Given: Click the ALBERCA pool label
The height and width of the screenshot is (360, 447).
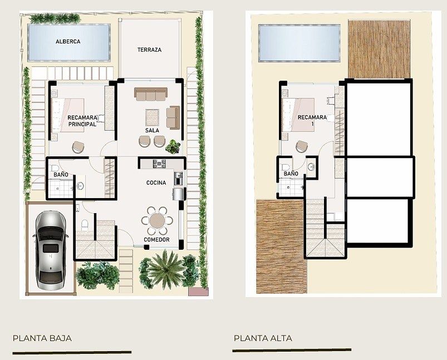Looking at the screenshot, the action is coord(68,42).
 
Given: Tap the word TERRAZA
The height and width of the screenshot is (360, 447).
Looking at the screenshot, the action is coord(149,50).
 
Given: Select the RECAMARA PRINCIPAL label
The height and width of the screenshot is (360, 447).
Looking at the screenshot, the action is coord(82,121).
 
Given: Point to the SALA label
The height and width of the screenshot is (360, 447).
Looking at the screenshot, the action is coord(152,131).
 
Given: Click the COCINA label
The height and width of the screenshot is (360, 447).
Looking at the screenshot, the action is coord(156,183).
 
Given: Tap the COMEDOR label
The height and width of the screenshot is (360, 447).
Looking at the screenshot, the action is coord(156,240).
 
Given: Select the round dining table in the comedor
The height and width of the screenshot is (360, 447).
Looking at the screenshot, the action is coord(157,220).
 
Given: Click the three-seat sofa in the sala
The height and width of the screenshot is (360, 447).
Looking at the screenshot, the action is coord(151,94).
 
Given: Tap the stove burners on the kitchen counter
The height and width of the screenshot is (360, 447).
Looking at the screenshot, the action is coord(159,164).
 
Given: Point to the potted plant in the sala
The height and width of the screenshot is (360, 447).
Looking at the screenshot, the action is coord(173,146).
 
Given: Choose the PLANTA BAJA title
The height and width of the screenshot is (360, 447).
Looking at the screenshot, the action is coord(42,338).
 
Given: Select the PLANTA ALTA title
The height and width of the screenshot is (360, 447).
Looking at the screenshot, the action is coord(263,338).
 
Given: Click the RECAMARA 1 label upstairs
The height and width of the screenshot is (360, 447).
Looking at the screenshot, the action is coord(312,120).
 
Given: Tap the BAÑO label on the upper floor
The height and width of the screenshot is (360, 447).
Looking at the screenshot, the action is coord(291,174).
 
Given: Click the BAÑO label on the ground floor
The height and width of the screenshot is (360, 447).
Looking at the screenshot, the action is coord(61,175).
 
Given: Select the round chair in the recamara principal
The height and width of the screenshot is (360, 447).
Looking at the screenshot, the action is coord(78,147).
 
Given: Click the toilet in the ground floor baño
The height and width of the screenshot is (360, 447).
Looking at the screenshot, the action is coord(54,167).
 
